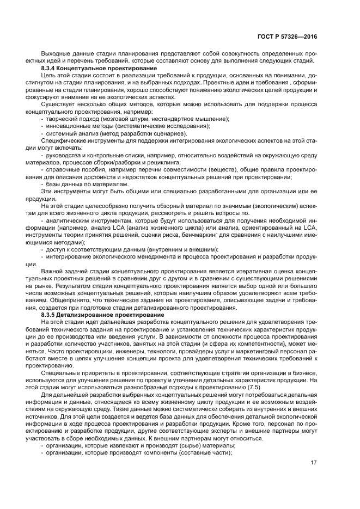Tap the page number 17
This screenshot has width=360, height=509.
[314, 463]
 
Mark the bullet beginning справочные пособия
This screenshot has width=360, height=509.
[180, 170]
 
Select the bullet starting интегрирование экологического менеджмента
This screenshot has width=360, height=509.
[180, 256]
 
